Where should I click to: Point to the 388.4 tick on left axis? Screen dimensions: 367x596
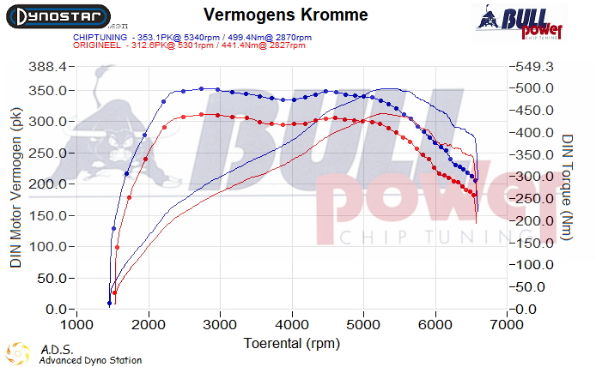(48, 67)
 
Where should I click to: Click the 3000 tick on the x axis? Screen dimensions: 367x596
(221, 326)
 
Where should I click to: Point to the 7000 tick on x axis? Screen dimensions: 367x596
(508, 326)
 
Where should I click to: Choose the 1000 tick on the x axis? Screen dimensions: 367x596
(77, 326)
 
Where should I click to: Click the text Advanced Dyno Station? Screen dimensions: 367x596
(90, 360)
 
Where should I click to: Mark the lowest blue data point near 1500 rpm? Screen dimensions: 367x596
(109, 303)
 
